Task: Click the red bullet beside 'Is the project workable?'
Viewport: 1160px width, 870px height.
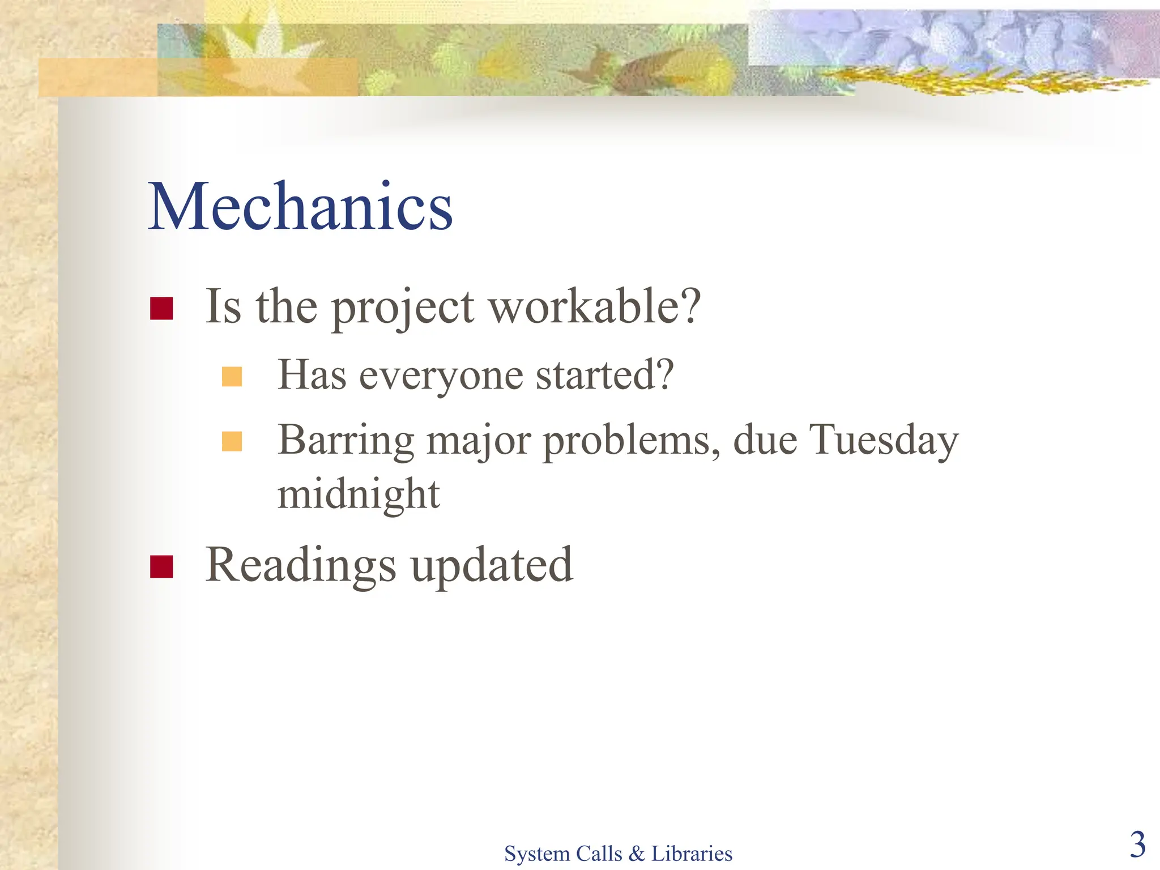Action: [x=161, y=308]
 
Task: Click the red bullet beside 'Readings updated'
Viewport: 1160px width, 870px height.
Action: [x=161, y=566]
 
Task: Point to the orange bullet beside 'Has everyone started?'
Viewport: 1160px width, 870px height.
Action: [x=232, y=377]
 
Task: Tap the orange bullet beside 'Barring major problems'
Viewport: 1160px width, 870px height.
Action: [x=232, y=441]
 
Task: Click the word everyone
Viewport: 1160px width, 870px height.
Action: [x=441, y=376]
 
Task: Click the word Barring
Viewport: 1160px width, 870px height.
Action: [x=346, y=441]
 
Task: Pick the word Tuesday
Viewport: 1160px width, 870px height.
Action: [x=883, y=441]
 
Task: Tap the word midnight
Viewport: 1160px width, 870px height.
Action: [x=359, y=494]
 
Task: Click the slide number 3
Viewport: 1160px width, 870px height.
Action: [x=1137, y=845]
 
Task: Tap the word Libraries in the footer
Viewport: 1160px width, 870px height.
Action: [x=692, y=854]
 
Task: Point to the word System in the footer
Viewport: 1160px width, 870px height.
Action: [x=537, y=854]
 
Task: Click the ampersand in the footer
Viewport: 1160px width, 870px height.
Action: [x=636, y=854]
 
